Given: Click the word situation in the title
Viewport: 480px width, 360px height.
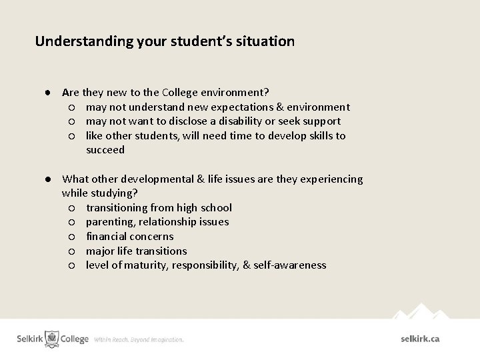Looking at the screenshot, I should click(x=266, y=41).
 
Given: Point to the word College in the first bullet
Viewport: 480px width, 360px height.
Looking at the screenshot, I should click(x=177, y=92).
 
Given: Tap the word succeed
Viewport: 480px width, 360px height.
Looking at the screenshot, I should click(x=105, y=150).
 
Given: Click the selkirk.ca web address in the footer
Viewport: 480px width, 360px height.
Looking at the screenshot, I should click(x=420, y=339).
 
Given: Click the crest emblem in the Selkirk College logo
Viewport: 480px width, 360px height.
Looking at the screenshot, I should click(x=51, y=339).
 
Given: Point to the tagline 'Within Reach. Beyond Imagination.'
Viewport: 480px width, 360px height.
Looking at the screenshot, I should click(x=139, y=340).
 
